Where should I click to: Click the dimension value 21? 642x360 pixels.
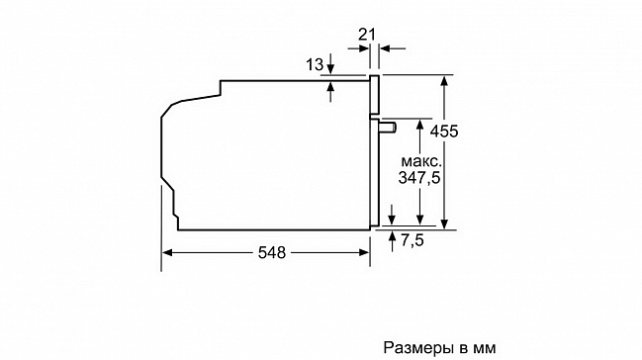point(366,35)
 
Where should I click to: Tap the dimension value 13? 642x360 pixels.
point(315,64)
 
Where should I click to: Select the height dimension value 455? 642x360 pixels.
point(444,132)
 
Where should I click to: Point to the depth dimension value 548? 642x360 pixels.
point(272,253)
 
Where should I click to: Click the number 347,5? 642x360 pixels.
point(419,178)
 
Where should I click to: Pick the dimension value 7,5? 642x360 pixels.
point(413,240)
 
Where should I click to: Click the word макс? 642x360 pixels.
point(421,160)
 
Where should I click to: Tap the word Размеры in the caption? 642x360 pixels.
point(419,348)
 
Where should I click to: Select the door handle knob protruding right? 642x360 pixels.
point(388,127)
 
